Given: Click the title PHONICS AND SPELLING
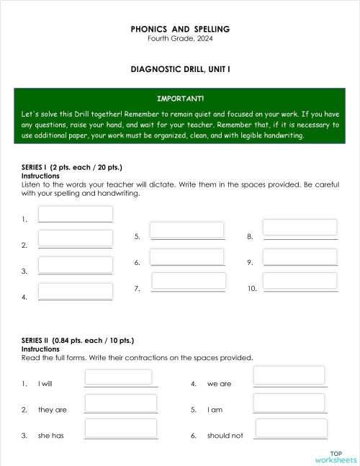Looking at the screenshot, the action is tap(180, 29).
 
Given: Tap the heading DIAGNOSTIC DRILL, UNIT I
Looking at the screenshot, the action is tap(180, 70).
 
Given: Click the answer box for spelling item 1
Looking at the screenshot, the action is tap(76, 214).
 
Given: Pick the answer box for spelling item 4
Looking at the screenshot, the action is tap(76, 291).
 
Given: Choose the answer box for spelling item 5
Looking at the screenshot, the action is tap(187, 229).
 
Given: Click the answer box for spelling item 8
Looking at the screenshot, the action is tap(300, 228).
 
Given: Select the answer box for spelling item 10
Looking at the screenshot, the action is tap(300, 281).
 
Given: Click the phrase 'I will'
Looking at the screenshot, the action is tap(45, 384).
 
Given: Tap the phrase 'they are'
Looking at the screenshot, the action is tap(53, 410).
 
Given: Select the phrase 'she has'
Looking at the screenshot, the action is tap(51, 436).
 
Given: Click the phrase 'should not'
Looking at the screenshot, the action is tap(225, 436).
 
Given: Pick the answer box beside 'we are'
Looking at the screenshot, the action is tap(290, 376).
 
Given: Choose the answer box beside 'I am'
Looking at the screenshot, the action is tap(290, 402).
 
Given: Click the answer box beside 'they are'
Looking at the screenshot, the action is tap(121, 403).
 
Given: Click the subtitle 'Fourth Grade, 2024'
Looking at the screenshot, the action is tap(180, 38).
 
